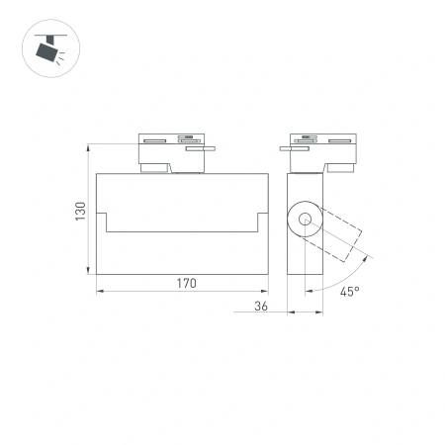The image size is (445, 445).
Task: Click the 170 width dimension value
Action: click(x=187, y=283)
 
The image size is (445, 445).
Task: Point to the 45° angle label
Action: click(x=349, y=292)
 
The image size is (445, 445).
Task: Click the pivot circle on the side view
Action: click(x=304, y=221)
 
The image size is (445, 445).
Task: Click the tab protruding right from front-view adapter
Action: click(x=209, y=150)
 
